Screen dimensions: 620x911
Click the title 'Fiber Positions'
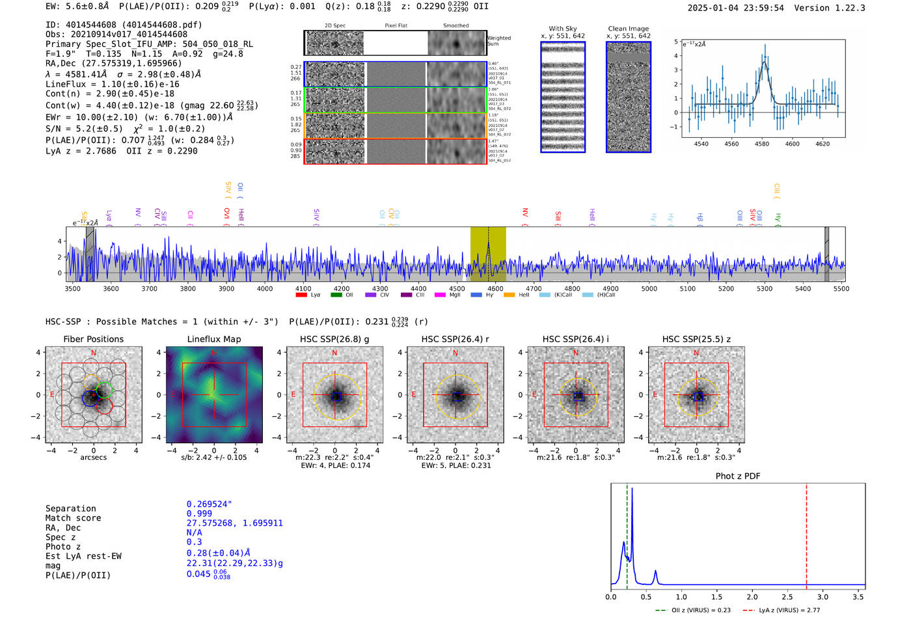point(93,339)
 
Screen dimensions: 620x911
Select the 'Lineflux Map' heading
point(214,339)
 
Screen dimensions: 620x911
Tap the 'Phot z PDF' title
point(738,476)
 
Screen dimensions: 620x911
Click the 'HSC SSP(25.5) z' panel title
point(696,339)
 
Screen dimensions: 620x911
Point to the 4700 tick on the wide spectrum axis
point(534,288)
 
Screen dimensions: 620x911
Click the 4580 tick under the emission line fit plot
point(762,144)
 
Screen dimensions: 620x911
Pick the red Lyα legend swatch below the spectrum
point(301,295)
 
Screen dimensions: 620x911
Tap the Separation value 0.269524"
point(209,504)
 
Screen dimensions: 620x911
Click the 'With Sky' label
point(563,29)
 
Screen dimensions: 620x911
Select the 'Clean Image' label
point(629,29)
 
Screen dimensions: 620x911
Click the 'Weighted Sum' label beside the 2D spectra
point(499,41)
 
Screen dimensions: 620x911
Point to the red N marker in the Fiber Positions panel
point(94,353)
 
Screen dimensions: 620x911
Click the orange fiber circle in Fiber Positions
point(91,382)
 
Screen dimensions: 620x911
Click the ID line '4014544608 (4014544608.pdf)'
point(124,25)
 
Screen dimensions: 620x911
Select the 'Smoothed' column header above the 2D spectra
point(455,26)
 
